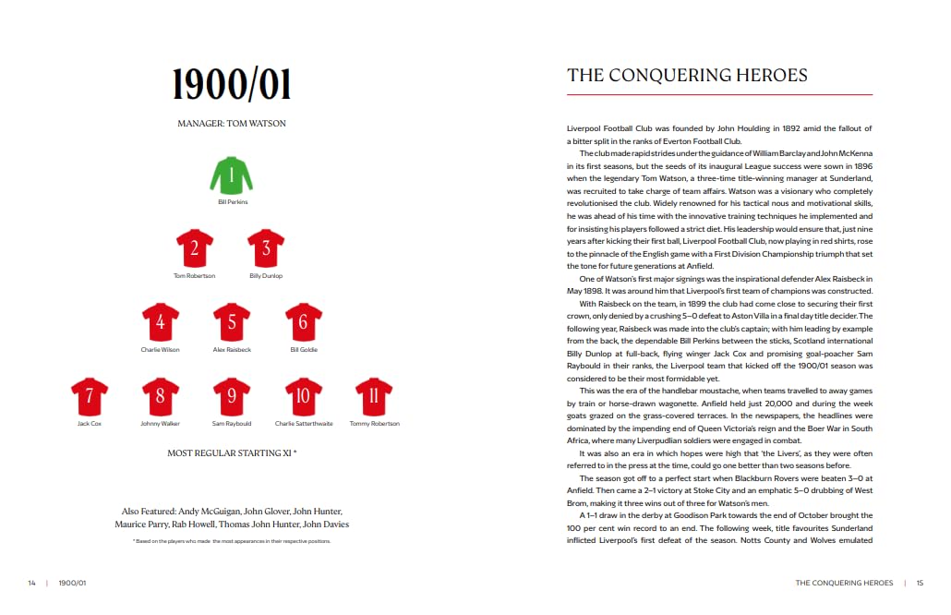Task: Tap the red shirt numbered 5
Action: coord(232,321)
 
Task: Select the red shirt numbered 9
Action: coord(232,395)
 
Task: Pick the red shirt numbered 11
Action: coord(374,395)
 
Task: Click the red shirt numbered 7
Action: coord(90,395)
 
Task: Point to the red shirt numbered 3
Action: coord(266,247)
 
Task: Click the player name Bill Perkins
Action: coord(232,201)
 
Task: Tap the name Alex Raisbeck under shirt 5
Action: coord(232,350)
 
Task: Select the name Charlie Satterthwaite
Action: coord(303,424)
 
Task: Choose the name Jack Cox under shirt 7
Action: coord(90,424)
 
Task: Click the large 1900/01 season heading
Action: coord(232,85)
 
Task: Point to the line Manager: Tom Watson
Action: coord(232,123)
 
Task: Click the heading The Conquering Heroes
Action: coord(687,76)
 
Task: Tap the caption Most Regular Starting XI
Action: coord(232,453)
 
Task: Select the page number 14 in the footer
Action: coord(31,583)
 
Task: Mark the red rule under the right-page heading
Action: coord(719,94)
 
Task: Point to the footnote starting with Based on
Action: coord(232,541)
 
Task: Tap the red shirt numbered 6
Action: coord(303,321)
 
